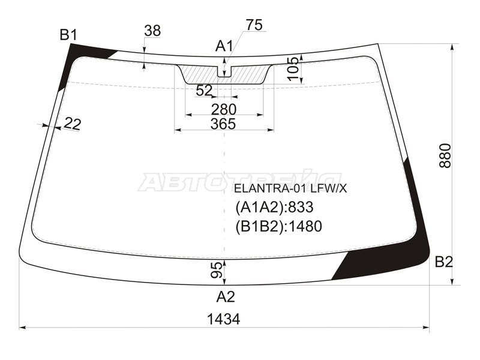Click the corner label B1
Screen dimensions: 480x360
tap(68, 35)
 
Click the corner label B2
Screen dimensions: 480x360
tap(443, 262)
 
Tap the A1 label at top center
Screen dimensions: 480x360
tap(224, 47)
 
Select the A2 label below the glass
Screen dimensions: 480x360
tap(226, 296)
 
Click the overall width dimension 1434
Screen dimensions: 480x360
tap(223, 319)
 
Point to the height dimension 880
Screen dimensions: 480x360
tap(445, 155)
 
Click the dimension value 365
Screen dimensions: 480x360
tap(223, 124)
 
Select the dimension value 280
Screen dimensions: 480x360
tap(224, 110)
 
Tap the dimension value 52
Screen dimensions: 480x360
tap(204, 91)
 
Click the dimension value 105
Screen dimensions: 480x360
tap(294, 69)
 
